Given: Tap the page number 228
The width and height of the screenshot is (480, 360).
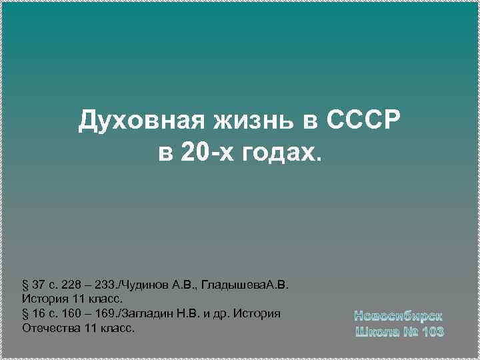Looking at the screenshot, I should coord(71,286).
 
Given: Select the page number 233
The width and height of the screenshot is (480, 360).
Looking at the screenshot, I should coord(106,286).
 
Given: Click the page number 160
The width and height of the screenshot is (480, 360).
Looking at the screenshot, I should coord(71,314).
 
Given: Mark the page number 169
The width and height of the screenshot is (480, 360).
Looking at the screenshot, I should coord(106,314).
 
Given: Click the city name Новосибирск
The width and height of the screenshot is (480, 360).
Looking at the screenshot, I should coord(398,315).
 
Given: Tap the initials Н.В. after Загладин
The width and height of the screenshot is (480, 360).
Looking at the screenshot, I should coord(187,314).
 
